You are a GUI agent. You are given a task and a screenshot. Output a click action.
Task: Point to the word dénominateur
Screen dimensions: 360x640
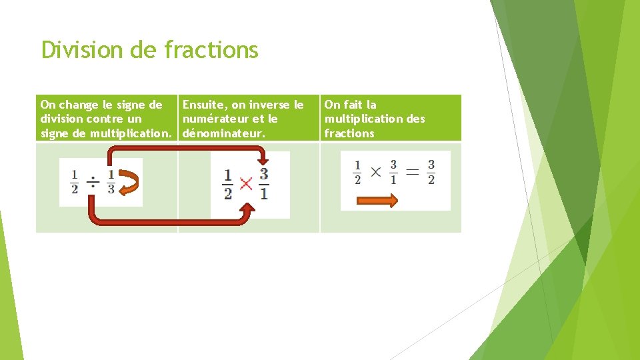click(223, 133)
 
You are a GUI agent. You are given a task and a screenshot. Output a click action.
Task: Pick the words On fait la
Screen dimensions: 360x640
click(350, 105)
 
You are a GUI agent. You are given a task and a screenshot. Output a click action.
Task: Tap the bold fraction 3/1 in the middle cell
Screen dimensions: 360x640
click(264, 183)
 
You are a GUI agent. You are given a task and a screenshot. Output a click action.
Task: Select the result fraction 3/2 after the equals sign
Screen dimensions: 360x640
click(431, 172)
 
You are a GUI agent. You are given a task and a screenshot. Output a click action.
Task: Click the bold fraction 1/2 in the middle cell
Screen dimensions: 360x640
click(228, 184)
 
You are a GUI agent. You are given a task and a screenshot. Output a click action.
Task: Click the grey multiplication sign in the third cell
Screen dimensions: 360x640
click(375, 172)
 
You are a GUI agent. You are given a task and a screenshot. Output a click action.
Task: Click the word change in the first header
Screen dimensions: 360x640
click(78, 105)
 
